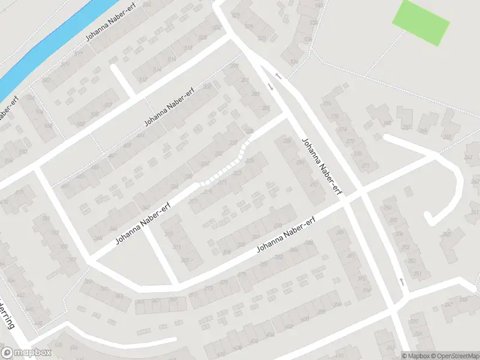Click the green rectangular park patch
pos(421,22)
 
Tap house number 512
pos(142,79)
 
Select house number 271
pos(365,165)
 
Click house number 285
pos(266,107)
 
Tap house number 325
pos(250,161)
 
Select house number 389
pos(340,232)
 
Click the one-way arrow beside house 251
pos(401,281)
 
